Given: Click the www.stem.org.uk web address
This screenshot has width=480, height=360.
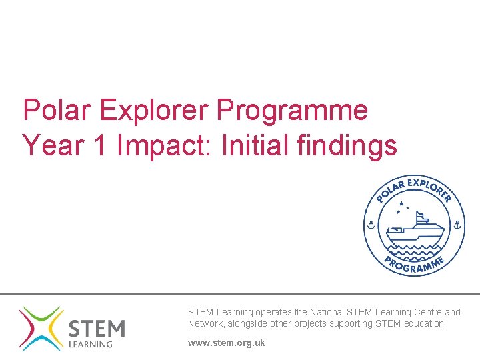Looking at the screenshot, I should tap(226, 343).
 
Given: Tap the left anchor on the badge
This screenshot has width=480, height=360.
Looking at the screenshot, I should tap(371, 225).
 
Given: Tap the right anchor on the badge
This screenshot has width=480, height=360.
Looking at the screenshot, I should tap(457, 225).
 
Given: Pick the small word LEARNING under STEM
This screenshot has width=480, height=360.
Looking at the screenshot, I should tap(91, 345).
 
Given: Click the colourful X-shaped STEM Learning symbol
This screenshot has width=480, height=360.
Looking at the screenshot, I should tap(40, 328).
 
